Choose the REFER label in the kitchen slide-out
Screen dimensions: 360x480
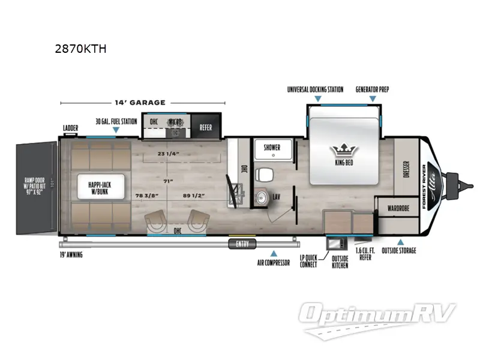(x=205, y=127)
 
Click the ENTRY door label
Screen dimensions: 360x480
(x=242, y=243)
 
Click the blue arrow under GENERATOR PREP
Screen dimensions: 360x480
(x=372, y=98)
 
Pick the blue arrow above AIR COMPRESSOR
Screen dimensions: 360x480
(x=274, y=253)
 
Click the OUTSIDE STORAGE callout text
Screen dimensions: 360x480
(x=399, y=250)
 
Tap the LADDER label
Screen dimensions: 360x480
(x=71, y=128)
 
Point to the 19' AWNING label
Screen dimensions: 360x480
(x=71, y=254)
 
